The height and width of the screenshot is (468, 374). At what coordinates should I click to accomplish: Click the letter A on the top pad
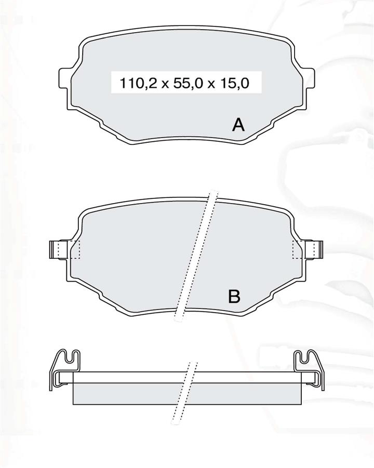tap(238, 125)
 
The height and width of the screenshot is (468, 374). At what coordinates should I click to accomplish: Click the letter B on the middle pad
tap(234, 297)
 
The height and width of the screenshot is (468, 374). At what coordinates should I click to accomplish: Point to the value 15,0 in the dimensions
tap(235, 83)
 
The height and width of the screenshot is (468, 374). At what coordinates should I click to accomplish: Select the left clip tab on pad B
tap(55, 249)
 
